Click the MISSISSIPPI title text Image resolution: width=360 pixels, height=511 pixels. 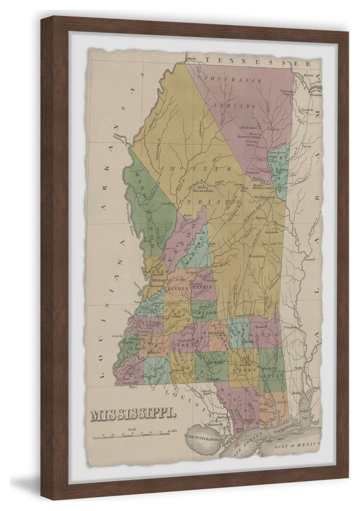click(133, 414)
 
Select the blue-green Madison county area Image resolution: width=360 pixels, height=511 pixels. click(194, 247)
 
